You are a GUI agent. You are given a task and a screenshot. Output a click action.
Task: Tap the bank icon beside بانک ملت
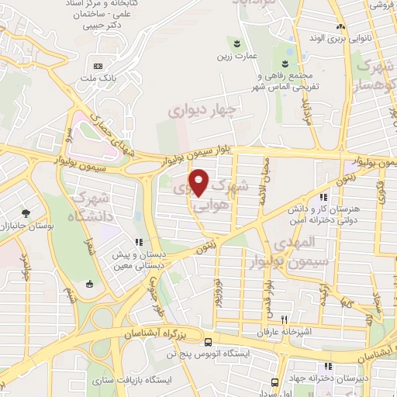(x=98, y=65)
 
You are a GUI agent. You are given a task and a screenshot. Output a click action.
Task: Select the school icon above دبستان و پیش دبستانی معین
(x=140, y=242)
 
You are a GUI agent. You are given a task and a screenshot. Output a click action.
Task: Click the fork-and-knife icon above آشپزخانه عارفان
(x=285, y=319)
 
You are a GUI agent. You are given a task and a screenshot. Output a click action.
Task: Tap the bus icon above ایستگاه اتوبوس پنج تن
(x=208, y=342)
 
